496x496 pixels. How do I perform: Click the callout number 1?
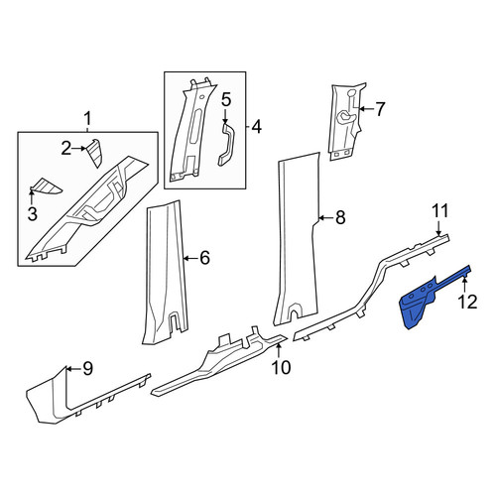pos(87,119)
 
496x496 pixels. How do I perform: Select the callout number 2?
pos(66,149)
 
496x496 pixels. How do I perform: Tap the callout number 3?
pos(32,214)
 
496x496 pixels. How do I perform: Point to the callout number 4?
pos(256,127)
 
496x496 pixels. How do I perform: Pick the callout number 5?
pos(226,99)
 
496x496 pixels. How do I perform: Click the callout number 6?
pos(205,258)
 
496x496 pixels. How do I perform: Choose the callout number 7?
pos(380,109)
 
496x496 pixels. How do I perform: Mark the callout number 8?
pos(340,218)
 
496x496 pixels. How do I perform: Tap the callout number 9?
pos(87,368)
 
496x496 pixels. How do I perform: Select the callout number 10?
pos(281,367)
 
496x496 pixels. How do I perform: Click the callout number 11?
pos(440,210)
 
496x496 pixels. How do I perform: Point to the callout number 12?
pos(468,302)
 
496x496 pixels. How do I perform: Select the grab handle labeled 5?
pos(225,146)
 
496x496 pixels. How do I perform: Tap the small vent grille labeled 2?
pos(93,153)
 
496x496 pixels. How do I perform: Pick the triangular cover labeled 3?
pos(46,186)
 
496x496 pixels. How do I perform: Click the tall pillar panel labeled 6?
pos(166,271)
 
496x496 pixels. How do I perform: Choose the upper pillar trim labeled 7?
pos(345,121)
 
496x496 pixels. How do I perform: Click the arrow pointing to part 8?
pos(325,218)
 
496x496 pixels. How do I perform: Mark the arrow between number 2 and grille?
pos(78,149)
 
